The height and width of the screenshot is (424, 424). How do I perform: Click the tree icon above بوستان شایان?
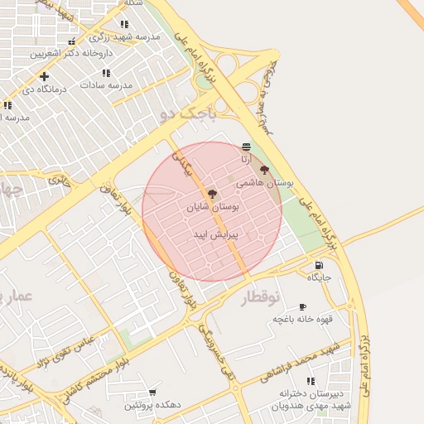coord(213,194)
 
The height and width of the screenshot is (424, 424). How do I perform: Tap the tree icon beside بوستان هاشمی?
coord(264,170)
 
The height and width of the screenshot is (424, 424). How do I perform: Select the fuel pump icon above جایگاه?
coord(319,266)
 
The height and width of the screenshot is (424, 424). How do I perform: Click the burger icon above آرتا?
coord(247,147)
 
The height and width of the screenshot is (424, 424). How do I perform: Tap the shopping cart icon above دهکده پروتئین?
coord(152,393)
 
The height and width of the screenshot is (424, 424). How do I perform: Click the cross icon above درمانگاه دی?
coord(44,77)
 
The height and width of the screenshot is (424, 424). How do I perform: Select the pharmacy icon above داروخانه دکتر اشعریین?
coord(72,41)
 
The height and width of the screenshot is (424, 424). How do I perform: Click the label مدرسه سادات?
coord(106,84)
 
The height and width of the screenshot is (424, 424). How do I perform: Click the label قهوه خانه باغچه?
coord(303,319)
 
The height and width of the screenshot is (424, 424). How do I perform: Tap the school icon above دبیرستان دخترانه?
coord(311,381)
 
